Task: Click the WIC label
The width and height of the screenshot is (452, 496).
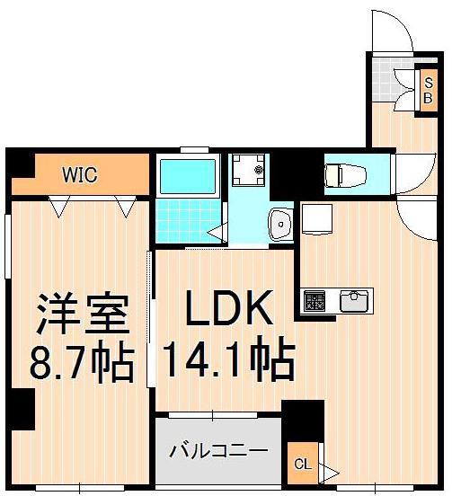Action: tap(80, 173)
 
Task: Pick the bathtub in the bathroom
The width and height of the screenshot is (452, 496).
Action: tap(187, 175)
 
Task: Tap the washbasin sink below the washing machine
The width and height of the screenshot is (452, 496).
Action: tap(281, 222)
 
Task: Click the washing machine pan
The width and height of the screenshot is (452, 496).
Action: tap(249, 170)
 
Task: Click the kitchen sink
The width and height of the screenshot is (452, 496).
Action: tap(355, 298)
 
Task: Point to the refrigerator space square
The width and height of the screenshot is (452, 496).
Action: tap(316, 217)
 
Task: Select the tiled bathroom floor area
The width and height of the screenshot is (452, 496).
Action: tap(184, 217)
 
